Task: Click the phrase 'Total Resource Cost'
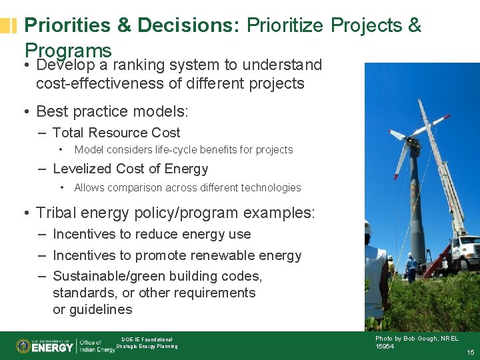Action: point(116,133)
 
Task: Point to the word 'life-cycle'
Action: point(183,150)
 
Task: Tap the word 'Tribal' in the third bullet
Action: point(57,213)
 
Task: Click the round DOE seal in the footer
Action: point(23,346)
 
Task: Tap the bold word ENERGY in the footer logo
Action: point(53,347)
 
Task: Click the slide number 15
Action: point(470,352)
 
